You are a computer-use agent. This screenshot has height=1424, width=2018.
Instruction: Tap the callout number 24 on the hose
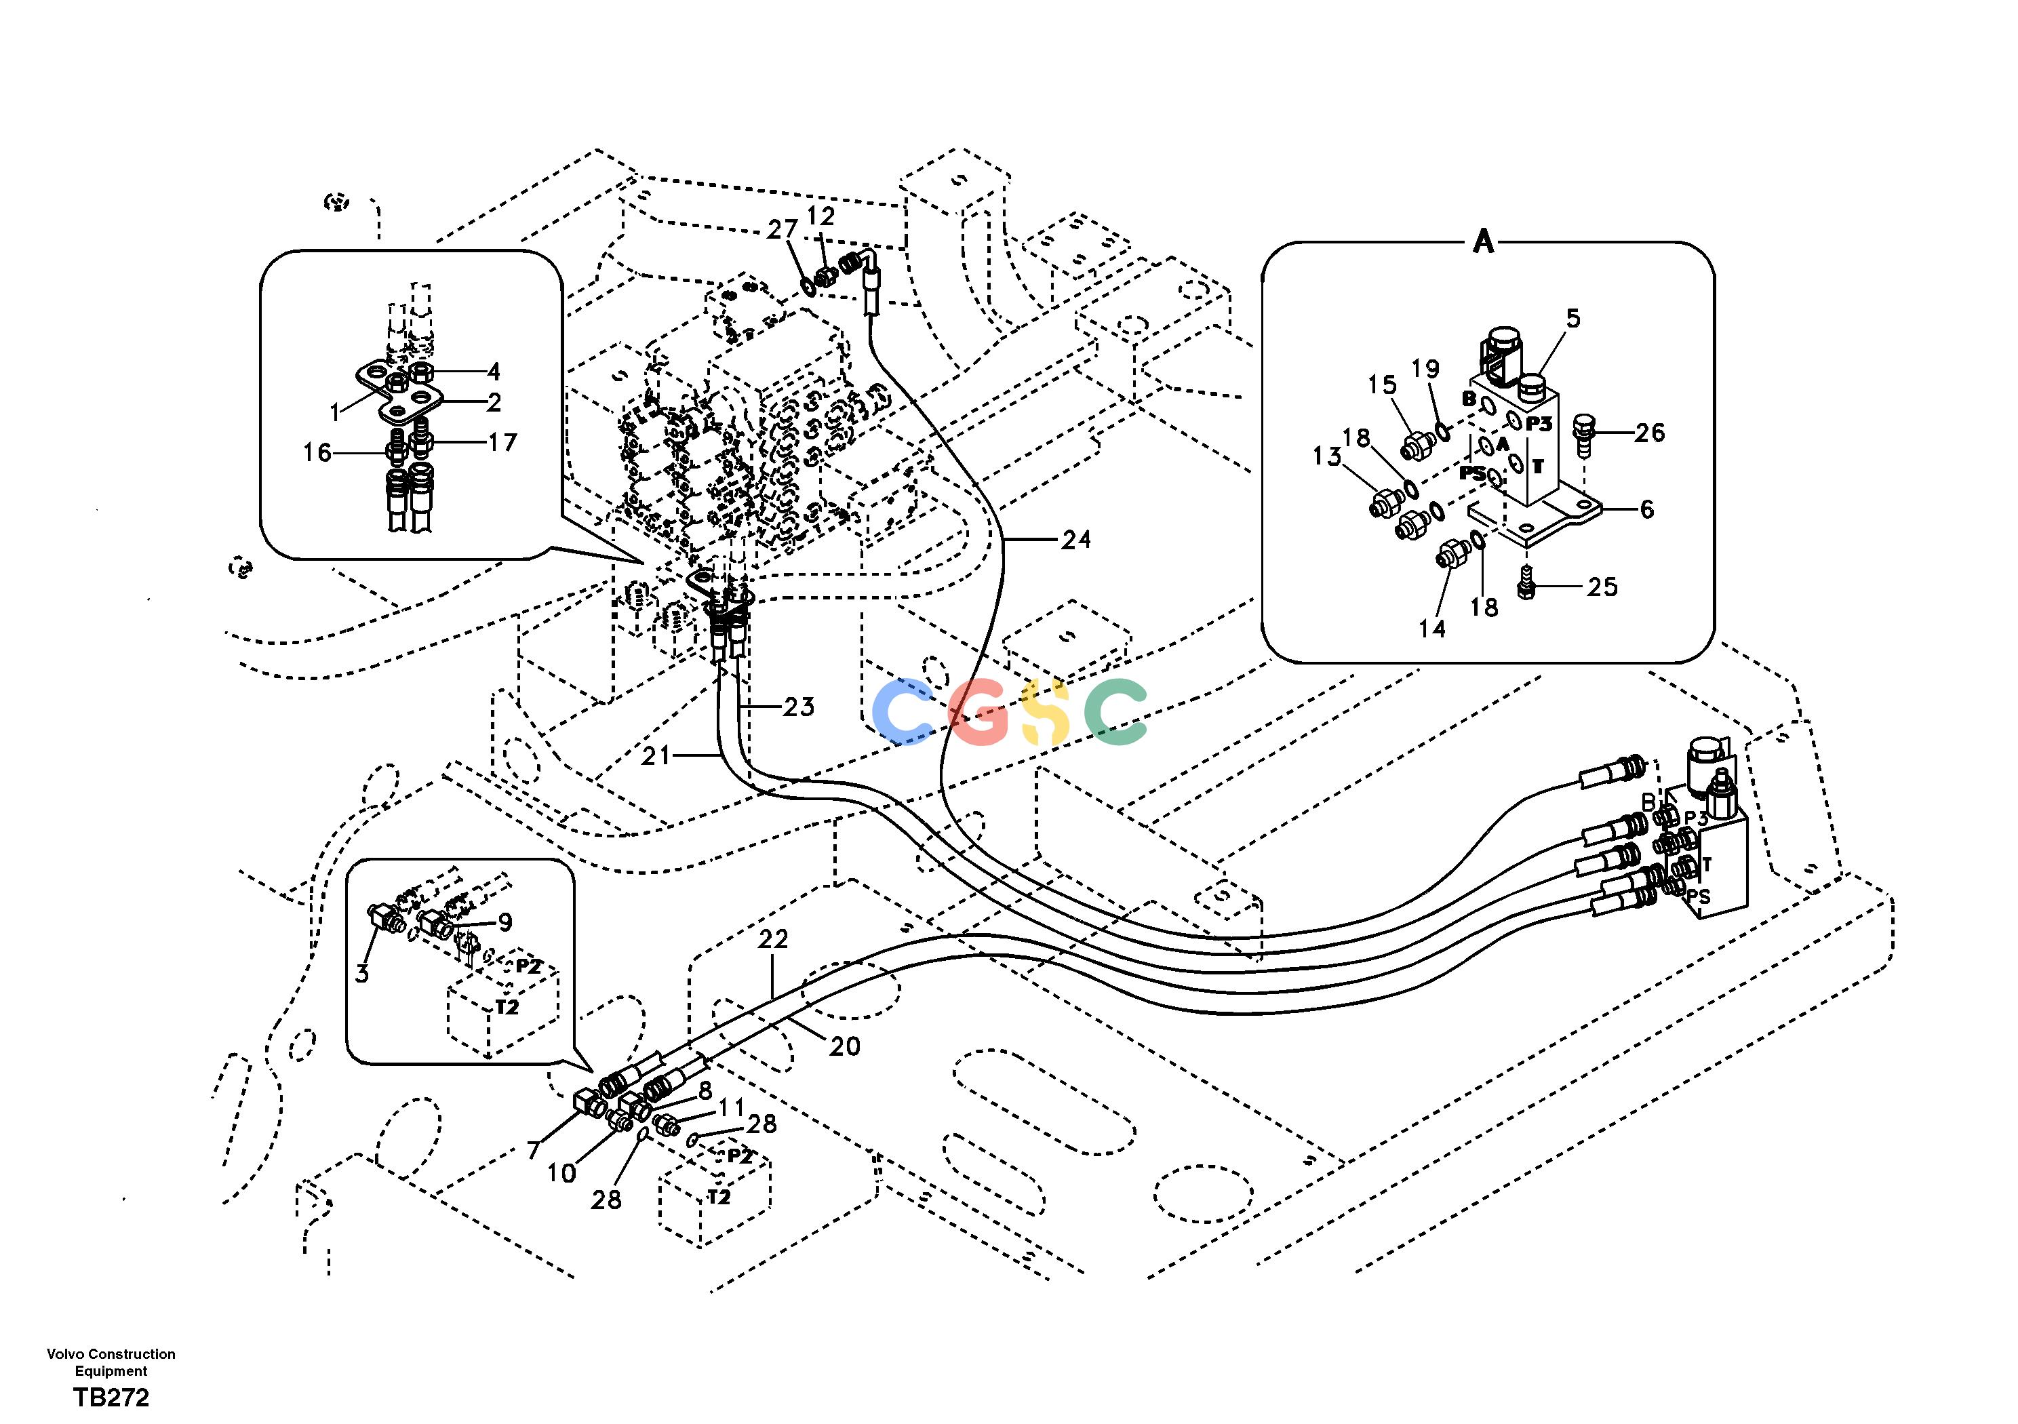tap(1076, 540)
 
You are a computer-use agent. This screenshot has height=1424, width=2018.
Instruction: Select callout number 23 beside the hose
tap(799, 707)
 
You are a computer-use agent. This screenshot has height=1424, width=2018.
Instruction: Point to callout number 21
tap(656, 755)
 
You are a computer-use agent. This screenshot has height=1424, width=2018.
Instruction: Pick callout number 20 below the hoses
tap(845, 1046)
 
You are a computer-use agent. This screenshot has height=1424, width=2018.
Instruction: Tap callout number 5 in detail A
tap(1573, 318)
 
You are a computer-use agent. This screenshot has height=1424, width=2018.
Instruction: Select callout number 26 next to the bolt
tap(1650, 433)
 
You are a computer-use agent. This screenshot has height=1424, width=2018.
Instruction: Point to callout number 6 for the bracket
tap(1647, 509)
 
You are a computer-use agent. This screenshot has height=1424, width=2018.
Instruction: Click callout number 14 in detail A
tap(1431, 629)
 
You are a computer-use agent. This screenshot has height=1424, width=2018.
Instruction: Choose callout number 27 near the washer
tap(783, 229)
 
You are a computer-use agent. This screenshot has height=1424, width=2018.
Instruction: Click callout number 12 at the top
tap(822, 216)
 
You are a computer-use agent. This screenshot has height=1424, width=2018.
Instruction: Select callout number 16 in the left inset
tap(317, 453)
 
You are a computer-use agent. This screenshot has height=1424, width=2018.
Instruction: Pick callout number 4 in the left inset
tap(494, 372)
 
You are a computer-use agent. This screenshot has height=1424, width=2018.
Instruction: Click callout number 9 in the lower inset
tap(505, 922)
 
